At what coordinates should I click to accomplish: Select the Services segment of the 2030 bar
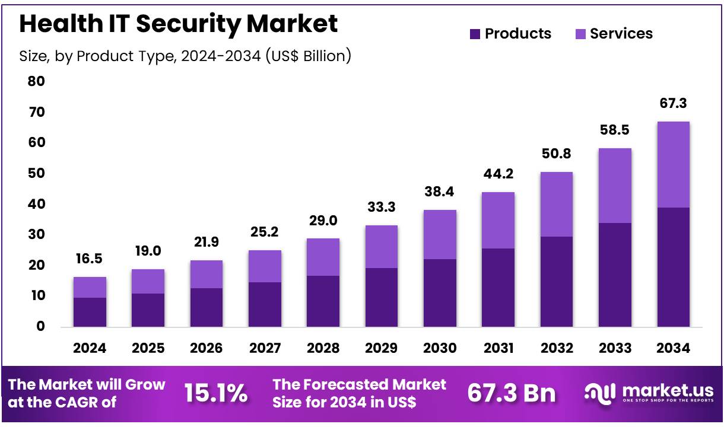[440, 234]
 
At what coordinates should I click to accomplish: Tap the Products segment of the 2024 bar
[90, 312]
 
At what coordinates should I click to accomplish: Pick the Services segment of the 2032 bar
[556, 204]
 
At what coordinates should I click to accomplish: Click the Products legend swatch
[475, 34]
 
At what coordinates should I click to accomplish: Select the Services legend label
[621, 34]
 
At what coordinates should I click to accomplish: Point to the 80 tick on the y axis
[36, 81]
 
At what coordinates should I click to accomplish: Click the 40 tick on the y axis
[36, 204]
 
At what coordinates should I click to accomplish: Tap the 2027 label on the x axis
[265, 348]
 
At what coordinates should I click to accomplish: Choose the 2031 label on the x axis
[498, 348]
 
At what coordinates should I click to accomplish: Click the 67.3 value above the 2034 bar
[673, 104]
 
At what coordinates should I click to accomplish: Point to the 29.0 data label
[323, 221]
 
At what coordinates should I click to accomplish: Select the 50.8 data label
[556, 154]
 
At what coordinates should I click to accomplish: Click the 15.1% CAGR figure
[216, 393]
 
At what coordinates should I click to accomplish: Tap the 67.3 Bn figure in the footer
[512, 393]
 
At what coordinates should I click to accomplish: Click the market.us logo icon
[601, 393]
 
